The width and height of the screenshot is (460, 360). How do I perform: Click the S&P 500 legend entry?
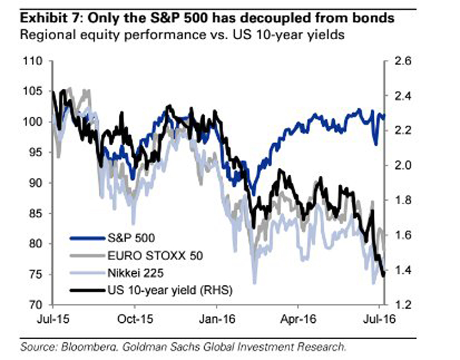[130, 238]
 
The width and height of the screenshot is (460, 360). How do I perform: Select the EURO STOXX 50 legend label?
[155, 256]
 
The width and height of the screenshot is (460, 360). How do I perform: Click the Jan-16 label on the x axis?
[217, 319]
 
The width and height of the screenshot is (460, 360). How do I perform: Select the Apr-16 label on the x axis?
[299, 319]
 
